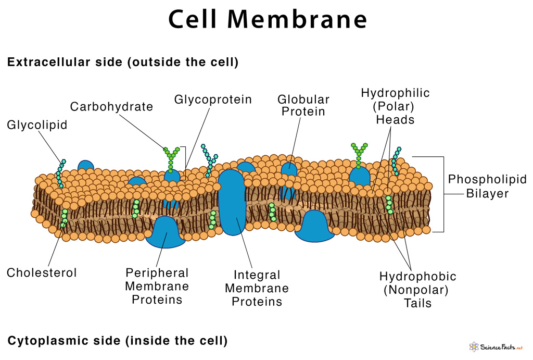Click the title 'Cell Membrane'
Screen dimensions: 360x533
[x=268, y=20]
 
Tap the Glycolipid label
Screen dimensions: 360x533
[x=37, y=125]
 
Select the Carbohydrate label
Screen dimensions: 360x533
[x=111, y=107]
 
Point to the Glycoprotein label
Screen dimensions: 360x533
[x=213, y=99]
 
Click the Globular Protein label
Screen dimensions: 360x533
[x=303, y=105]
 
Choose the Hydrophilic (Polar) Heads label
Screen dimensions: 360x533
[x=395, y=106]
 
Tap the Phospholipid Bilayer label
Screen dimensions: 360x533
[x=487, y=186]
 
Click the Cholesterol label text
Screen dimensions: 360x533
[x=42, y=272]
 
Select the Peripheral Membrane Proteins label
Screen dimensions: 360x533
[x=157, y=286]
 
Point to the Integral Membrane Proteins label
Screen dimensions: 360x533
[x=257, y=288]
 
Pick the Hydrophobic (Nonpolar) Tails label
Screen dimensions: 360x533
[x=417, y=289]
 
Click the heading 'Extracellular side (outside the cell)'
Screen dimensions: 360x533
[x=123, y=63]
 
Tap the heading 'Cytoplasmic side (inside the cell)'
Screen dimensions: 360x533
[x=118, y=341]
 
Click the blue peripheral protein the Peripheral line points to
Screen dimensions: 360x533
[x=165, y=232]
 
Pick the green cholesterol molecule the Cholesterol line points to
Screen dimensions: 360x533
[x=65, y=216]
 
